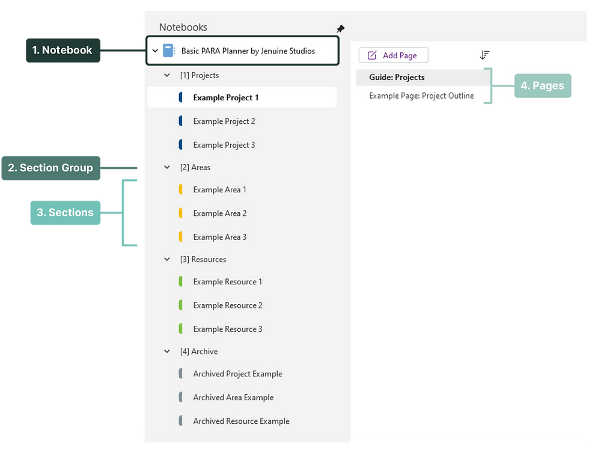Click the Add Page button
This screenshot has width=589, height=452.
(x=393, y=55)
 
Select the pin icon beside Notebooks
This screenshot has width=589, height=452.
(x=340, y=29)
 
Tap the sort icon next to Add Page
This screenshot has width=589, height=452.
(x=484, y=55)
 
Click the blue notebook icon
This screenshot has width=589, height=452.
(x=168, y=51)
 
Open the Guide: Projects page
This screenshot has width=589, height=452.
(x=397, y=78)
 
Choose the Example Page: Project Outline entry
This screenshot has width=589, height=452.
(x=421, y=96)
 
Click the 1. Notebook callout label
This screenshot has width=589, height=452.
(x=63, y=50)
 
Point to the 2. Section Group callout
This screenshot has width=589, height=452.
(x=50, y=168)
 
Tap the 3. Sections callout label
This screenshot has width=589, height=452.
(x=65, y=212)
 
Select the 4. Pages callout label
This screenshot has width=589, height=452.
(x=542, y=85)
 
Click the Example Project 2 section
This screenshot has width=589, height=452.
(x=224, y=121)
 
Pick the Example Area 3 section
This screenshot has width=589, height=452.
(x=220, y=237)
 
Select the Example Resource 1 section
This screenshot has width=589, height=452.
(x=228, y=281)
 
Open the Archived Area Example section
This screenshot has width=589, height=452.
(x=233, y=397)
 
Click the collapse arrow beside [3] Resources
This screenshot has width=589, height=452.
(x=167, y=260)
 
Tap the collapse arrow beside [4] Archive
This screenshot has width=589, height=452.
(x=167, y=352)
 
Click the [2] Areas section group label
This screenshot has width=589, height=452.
(x=195, y=168)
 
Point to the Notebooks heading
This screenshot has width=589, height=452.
(x=183, y=27)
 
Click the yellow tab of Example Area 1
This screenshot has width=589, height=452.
(x=180, y=190)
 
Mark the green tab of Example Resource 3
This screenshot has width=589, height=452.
(x=180, y=329)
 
